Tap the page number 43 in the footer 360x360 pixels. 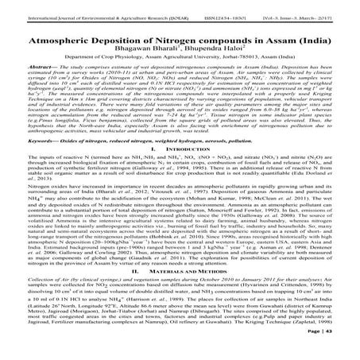pyautogui.click(x=350, y=350)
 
